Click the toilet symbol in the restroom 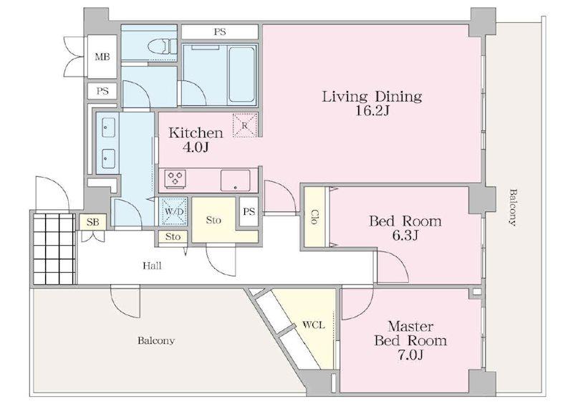pyautogui.click(x=163, y=47)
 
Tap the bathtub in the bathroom pyautogui.click(x=241, y=74)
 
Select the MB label pyautogui.click(x=102, y=57)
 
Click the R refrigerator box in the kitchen pyautogui.click(x=245, y=125)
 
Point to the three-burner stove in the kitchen pyautogui.click(x=175, y=179)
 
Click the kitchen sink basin pyautogui.click(x=236, y=181)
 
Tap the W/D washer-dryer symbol pyautogui.click(x=174, y=211)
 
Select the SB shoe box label pyautogui.click(x=93, y=222)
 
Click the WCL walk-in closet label pyautogui.click(x=314, y=324)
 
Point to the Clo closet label pyautogui.click(x=314, y=216)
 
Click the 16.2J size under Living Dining pyautogui.click(x=372, y=110)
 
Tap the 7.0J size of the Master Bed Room pyautogui.click(x=410, y=355)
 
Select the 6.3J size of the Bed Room pyautogui.click(x=405, y=236)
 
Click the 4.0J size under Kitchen pyautogui.click(x=196, y=148)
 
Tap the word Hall pyautogui.click(x=152, y=266)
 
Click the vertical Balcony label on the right pyautogui.click(x=513, y=208)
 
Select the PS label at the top pyautogui.click(x=220, y=32)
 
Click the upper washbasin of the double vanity pyautogui.click(x=109, y=128)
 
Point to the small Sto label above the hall pyautogui.click(x=173, y=236)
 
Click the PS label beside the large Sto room pyautogui.click(x=249, y=211)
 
